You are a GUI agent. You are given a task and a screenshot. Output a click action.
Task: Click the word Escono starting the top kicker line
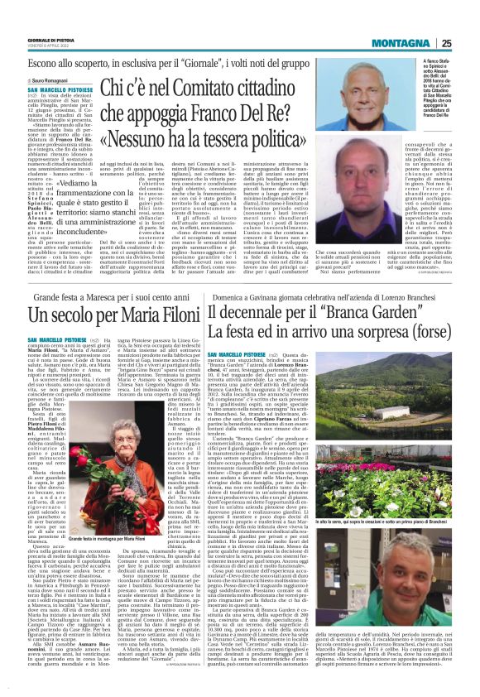[46, 63]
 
